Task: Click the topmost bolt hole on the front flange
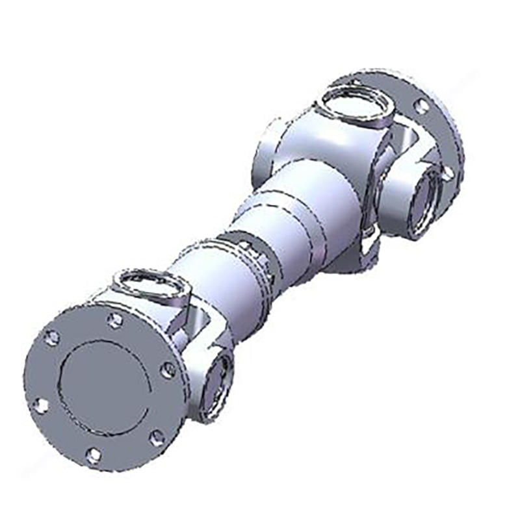click(115, 319)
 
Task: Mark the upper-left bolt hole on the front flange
click(52, 338)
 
